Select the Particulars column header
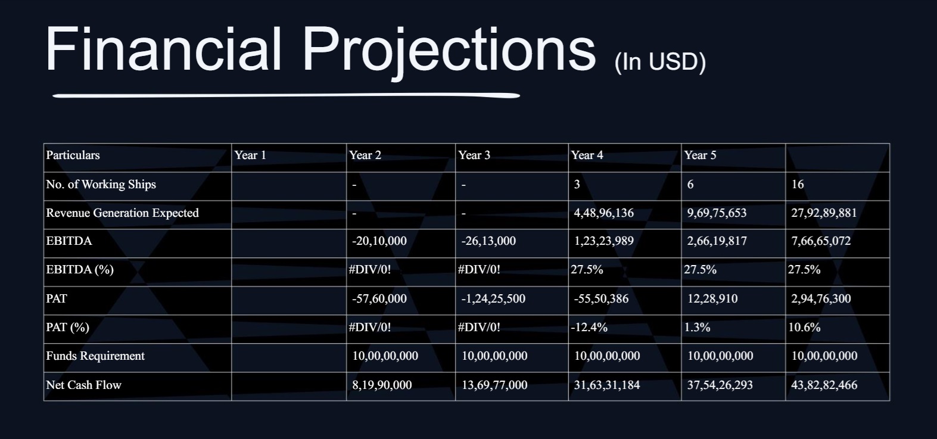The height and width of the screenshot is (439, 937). [x=73, y=155]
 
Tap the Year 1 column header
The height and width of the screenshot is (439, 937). [x=250, y=155]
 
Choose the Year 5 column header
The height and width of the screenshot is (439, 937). [x=701, y=155]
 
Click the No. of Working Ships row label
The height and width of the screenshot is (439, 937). [x=101, y=185]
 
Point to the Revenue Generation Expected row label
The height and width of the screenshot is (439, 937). [x=122, y=213]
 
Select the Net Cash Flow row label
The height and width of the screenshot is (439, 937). [x=83, y=385]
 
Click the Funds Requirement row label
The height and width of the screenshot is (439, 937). [x=95, y=356]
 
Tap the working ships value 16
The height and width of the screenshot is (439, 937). [x=797, y=185]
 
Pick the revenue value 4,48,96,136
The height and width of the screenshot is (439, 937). [x=603, y=213]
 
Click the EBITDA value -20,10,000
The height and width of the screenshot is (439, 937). [x=379, y=241]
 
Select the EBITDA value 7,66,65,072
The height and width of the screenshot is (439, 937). [x=821, y=241]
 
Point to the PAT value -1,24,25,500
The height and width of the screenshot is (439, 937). [x=493, y=298]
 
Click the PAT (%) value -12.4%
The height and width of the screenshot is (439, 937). [x=589, y=327]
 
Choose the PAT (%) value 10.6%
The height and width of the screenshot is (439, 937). [x=804, y=327]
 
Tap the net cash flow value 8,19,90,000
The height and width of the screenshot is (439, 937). [x=382, y=385]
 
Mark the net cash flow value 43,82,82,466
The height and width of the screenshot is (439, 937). [x=824, y=385]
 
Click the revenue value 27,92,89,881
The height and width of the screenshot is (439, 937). [x=824, y=213]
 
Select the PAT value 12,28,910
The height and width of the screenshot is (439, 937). [x=712, y=298]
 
